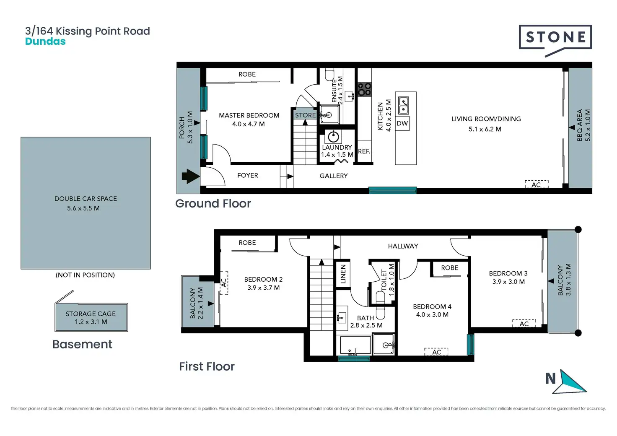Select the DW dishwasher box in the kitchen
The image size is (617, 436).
(x=402, y=123)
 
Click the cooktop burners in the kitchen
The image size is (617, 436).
(x=364, y=90)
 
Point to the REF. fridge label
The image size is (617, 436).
(x=364, y=151)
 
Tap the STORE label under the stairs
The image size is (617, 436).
(x=305, y=115)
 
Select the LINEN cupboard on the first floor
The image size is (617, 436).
(x=342, y=274)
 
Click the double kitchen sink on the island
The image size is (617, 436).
(x=404, y=106)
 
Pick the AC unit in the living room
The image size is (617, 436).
(x=536, y=184)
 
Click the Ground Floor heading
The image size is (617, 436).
(x=213, y=204)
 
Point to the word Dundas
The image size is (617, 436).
(x=45, y=42)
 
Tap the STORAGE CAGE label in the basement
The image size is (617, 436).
(x=91, y=314)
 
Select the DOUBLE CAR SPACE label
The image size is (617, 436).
(x=86, y=199)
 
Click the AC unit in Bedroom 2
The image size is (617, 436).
(x=224, y=283)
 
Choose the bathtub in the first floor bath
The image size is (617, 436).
(x=355, y=345)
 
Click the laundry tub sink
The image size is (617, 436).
(x=333, y=136)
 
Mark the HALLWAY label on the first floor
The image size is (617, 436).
(x=403, y=246)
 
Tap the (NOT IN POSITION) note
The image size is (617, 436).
(x=85, y=275)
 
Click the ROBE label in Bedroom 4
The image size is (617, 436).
(x=449, y=268)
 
